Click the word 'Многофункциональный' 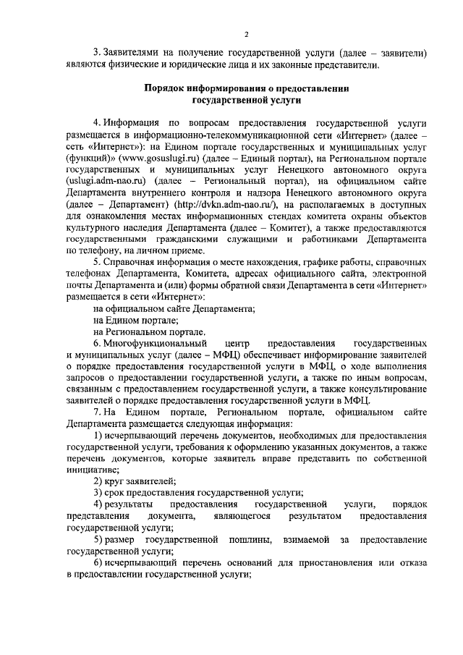[155, 342]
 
